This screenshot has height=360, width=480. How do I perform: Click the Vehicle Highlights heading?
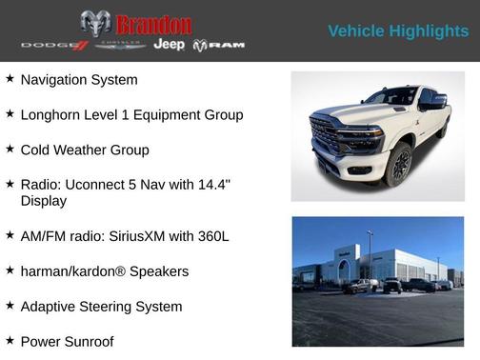pos(398,31)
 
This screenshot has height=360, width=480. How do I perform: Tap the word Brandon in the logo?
pos(153,24)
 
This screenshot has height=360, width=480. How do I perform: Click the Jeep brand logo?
pos(170,45)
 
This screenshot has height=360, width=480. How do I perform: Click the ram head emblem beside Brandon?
pos(95,24)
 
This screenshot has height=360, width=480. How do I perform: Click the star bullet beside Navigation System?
pos(10,79)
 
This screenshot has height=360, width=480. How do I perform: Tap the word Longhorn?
pos(56,115)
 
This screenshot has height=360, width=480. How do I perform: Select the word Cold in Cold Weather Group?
pos(37,150)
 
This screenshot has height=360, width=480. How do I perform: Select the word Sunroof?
pos(98,341)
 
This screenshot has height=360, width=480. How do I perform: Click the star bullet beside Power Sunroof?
pos(10,340)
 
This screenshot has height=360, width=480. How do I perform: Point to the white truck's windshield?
pos(391,96)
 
